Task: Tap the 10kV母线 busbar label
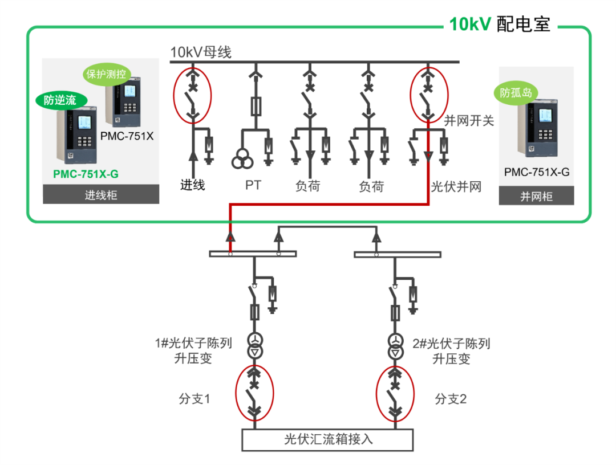[x=201, y=52]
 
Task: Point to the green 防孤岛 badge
[x=516, y=93]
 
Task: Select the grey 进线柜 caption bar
[x=101, y=195]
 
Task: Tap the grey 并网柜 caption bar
[x=536, y=197]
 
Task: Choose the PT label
[x=253, y=185]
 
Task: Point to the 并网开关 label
[x=468, y=120]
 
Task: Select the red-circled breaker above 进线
[x=193, y=95]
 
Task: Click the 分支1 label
[x=194, y=399]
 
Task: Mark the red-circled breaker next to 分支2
[x=394, y=394]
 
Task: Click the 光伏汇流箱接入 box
[x=328, y=439]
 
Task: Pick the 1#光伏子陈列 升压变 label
[x=193, y=351]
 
